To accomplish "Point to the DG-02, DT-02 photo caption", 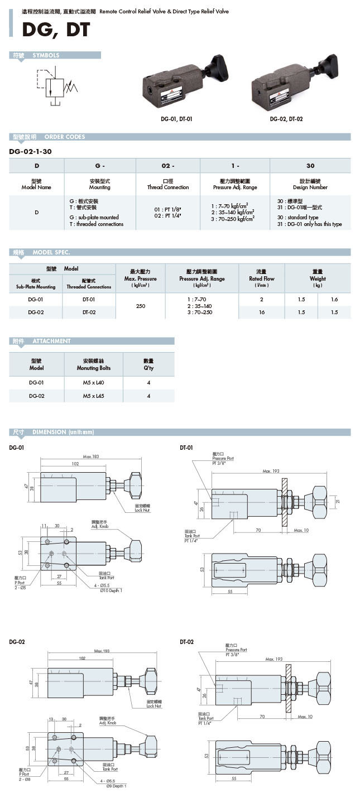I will [286, 119].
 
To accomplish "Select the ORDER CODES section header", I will [64, 137].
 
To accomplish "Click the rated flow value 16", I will [262, 313].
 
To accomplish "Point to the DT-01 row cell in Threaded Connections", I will [89, 300].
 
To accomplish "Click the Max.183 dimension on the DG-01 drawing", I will [91, 457].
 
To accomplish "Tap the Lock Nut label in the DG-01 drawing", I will [142, 510].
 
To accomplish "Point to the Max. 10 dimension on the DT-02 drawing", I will [305, 717].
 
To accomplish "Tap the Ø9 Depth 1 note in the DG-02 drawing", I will [114, 786].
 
